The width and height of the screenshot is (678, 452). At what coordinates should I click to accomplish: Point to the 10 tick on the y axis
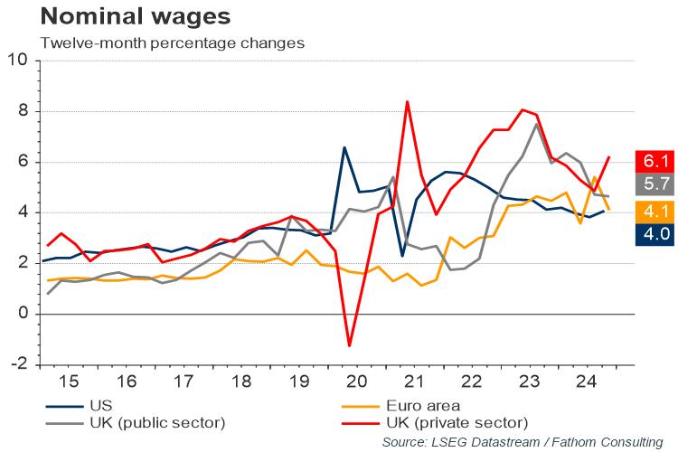pos(17,61)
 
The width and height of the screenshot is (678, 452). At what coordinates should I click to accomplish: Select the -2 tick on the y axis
pos(17,364)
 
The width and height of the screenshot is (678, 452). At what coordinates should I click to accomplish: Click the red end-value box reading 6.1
pos(654,160)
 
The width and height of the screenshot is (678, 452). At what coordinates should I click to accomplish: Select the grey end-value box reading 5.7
pos(654,184)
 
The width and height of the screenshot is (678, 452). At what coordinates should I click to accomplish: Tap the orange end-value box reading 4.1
pos(654,210)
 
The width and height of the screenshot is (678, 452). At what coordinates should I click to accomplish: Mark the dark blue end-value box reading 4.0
pos(654,234)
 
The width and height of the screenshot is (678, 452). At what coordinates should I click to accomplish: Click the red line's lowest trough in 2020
pos(350,345)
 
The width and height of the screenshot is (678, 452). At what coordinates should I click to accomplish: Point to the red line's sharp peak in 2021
pos(407,101)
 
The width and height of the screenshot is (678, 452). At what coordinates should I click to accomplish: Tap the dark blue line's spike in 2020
pos(344,147)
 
